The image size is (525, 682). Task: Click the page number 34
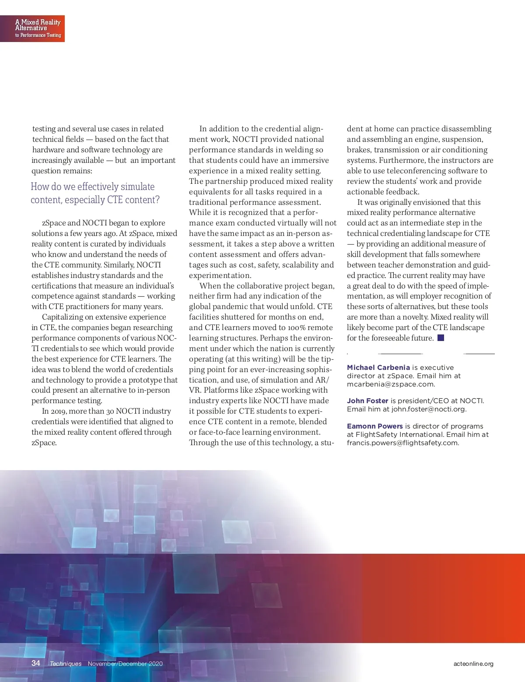coord(36,663)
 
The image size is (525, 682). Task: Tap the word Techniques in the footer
coord(66,664)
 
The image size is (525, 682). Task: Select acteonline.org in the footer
coord(473,664)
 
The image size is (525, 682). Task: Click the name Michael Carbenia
coord(378,368)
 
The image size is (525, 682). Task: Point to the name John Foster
coord(367,401)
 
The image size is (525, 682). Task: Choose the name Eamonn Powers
coord(375,426)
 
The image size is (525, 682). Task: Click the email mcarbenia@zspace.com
coord(391,384)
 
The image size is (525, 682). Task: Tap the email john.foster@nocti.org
coord(429,409)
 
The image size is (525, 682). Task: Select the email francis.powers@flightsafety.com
coord(403,443)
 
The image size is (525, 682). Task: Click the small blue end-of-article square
coord(441,338)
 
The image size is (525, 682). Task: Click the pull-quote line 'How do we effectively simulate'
coord(93,187)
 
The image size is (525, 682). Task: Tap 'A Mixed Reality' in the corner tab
coord(38,22)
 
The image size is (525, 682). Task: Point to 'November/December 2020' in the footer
coord(125,664)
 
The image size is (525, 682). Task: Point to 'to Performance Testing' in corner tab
coord(38,35)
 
